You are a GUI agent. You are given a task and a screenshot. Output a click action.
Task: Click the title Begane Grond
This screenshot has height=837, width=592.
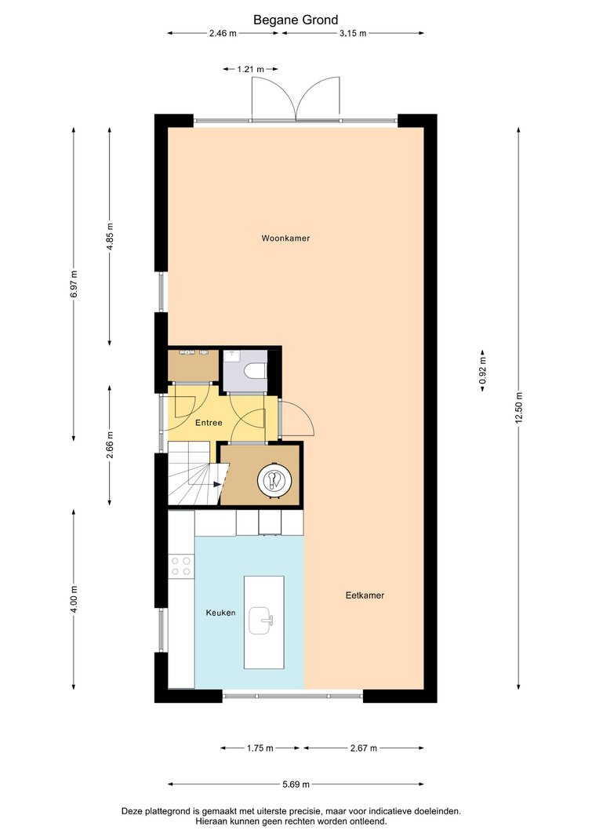[296, 20]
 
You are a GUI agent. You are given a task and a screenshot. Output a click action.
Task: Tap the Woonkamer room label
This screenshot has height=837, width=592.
[285, 238]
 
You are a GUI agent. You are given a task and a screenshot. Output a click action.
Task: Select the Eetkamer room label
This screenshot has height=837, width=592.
[365, 595]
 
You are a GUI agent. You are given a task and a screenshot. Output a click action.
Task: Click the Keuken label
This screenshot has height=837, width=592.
[220, 613]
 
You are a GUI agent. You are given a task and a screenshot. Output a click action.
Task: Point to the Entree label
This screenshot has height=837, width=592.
[209, 423]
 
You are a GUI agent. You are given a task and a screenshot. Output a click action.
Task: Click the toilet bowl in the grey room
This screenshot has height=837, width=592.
[254, 370]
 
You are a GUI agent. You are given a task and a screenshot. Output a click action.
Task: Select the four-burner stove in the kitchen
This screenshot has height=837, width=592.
[181, 566]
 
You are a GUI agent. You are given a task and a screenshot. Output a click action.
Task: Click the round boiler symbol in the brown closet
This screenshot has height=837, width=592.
[274, 481]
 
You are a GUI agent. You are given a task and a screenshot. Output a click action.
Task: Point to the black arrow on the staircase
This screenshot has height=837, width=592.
[216, 485]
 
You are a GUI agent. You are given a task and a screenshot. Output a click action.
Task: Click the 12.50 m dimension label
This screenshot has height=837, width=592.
[518, 408]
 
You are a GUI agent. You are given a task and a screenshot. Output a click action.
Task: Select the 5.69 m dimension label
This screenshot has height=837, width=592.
[296, 784]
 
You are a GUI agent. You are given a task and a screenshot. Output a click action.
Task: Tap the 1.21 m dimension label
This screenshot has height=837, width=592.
[251, 69]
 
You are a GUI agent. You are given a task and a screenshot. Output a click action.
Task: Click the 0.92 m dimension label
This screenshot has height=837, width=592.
[483, 370]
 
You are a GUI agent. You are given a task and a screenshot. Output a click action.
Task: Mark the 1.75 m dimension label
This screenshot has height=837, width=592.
[260, 748]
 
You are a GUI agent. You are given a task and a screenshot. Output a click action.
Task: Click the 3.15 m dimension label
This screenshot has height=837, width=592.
[353, 33]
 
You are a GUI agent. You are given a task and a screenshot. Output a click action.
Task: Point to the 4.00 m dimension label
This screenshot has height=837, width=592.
[74, 599]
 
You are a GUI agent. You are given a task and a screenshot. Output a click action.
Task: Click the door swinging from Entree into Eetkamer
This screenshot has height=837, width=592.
[297, 419]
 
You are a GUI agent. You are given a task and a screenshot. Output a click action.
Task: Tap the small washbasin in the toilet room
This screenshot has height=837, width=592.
[231, 356]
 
